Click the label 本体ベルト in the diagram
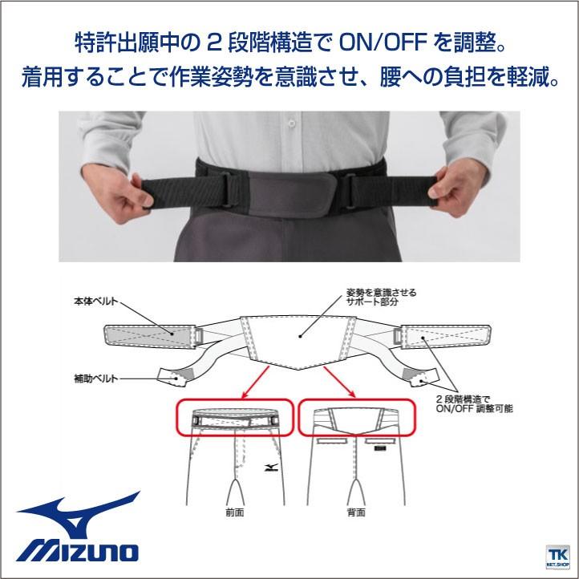click(95, 302)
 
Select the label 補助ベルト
click(95, 375)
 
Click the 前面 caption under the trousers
click(236, 511)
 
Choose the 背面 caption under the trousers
click(357, 511)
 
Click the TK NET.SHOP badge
click(556, 556)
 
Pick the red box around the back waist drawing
click(357, 418)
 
